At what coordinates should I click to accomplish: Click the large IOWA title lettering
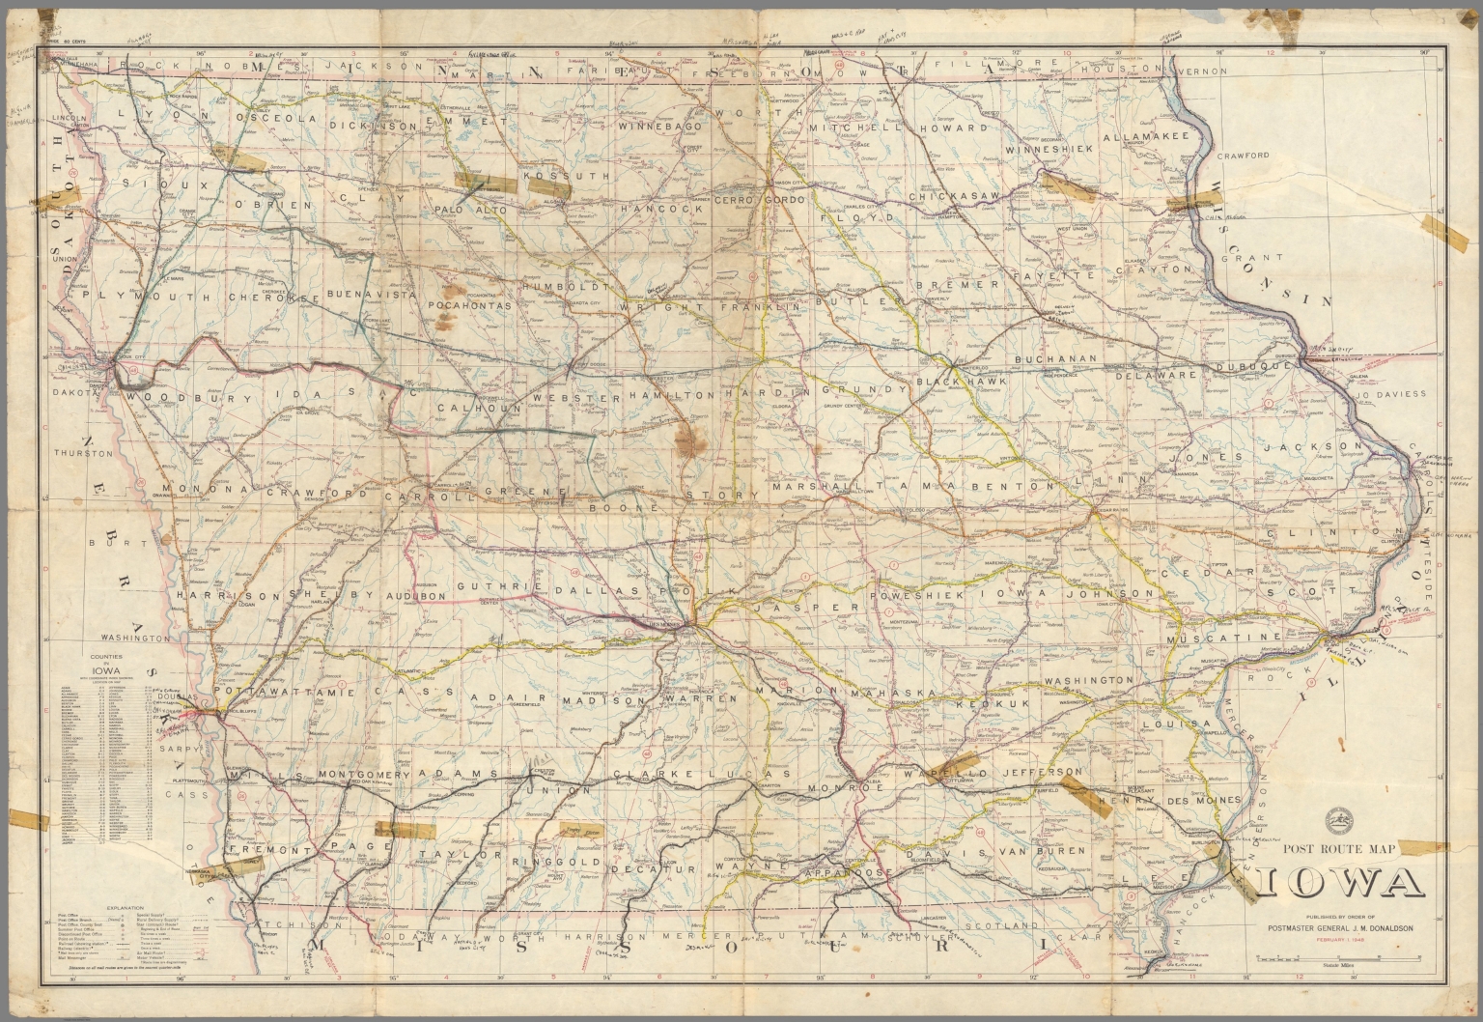(x=1339, y=884)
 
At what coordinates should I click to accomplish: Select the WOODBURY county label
(x=182, y=397)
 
